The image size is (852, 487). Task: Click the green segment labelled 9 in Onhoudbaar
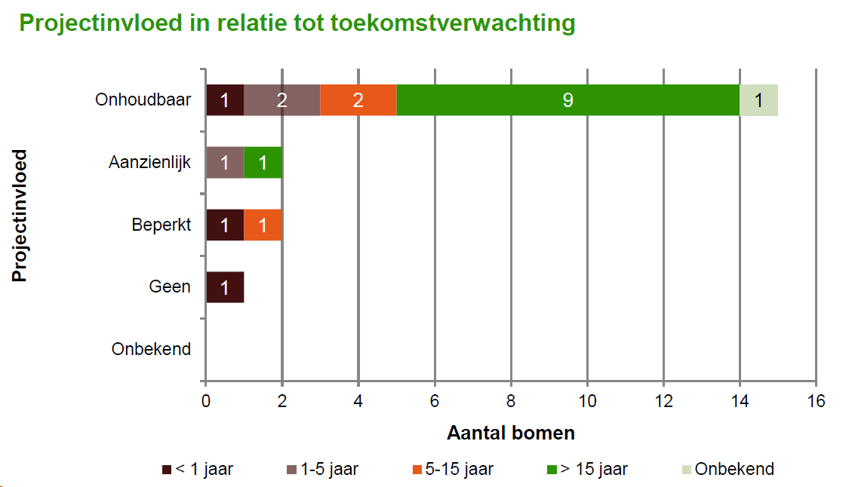(567, 100)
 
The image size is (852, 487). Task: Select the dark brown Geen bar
(225, 287)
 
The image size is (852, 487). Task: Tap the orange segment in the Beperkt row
(263, 225)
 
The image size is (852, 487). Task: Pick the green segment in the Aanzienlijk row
(263, 162)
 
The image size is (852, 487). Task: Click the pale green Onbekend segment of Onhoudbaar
(758, 100)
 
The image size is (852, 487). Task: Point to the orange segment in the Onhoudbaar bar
(358, 100)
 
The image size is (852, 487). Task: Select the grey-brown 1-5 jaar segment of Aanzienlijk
(225, 162)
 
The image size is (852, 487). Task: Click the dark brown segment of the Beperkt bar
(225, 225)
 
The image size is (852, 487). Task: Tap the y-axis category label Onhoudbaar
(143, 100)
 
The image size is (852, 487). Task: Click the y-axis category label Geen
(170, 286)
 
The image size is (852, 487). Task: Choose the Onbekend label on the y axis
(151, 349)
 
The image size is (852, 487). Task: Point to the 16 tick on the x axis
(816, 401)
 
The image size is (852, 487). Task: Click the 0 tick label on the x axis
(206, 401)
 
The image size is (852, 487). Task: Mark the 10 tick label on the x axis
(587, 401)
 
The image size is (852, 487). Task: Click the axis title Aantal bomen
(511, 433)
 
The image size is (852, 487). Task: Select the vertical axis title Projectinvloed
(20, 216)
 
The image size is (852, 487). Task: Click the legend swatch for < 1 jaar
(167, 470)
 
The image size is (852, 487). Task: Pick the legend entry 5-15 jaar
(454, 469)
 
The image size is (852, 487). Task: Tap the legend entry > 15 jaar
(587, 469)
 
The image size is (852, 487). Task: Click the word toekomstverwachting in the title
(453, 23)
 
